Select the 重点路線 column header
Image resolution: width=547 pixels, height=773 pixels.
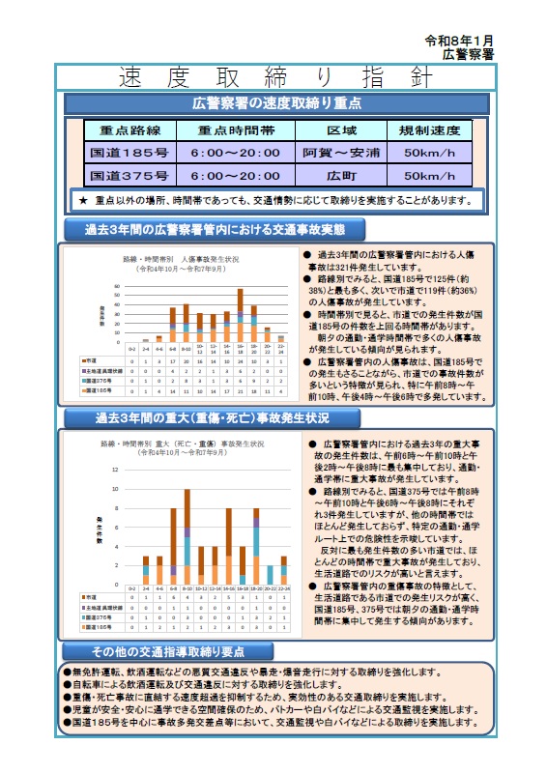[129, 129]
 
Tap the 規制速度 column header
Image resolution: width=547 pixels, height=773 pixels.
[429, 129]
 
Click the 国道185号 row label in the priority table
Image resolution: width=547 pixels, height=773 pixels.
[129, 153]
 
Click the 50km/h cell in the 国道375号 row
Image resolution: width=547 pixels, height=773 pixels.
[429, 176]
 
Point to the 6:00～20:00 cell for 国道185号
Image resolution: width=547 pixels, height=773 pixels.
[235, 153]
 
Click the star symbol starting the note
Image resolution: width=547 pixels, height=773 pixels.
[84, 200]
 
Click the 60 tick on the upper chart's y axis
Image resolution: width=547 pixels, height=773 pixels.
[117, 286]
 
